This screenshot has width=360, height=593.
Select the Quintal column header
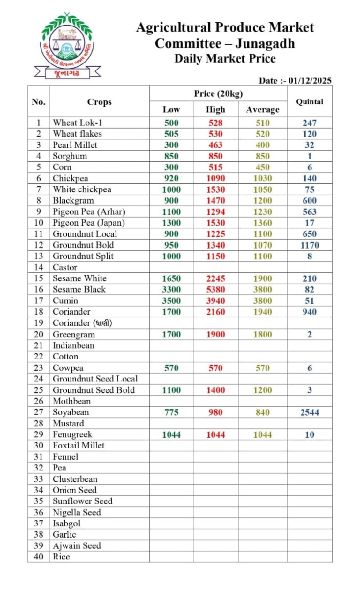click(x=309, y=102)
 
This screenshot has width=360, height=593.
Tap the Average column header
click(x=263, y=110)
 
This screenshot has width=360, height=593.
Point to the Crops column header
click(x=99, y=102)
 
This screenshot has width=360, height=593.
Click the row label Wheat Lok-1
click(x=78, y=123)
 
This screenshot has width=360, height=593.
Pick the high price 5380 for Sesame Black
click(x=215, y=290)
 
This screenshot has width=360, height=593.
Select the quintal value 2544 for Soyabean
click(x=310, y=413)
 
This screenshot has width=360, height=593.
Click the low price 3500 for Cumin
click(x=171, y=300)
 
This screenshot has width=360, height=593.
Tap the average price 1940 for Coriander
click(x=263, y=312)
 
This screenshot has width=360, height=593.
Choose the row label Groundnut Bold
click(x=83, y=245)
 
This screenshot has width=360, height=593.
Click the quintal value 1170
click(x=310, y=245)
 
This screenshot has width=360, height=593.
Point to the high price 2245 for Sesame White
click(x=215, y=278)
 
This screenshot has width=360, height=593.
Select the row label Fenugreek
click(x=73, y=434)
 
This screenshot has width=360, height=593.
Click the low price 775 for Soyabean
click(x=171, y=413)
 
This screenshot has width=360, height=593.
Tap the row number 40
click(x=38, y=556)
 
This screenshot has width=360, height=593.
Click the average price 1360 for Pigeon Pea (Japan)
click(x=263, y=223)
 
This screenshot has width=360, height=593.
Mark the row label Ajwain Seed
click(x=77, y=546)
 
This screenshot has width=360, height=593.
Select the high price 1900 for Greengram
click(x=215, y=335)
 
